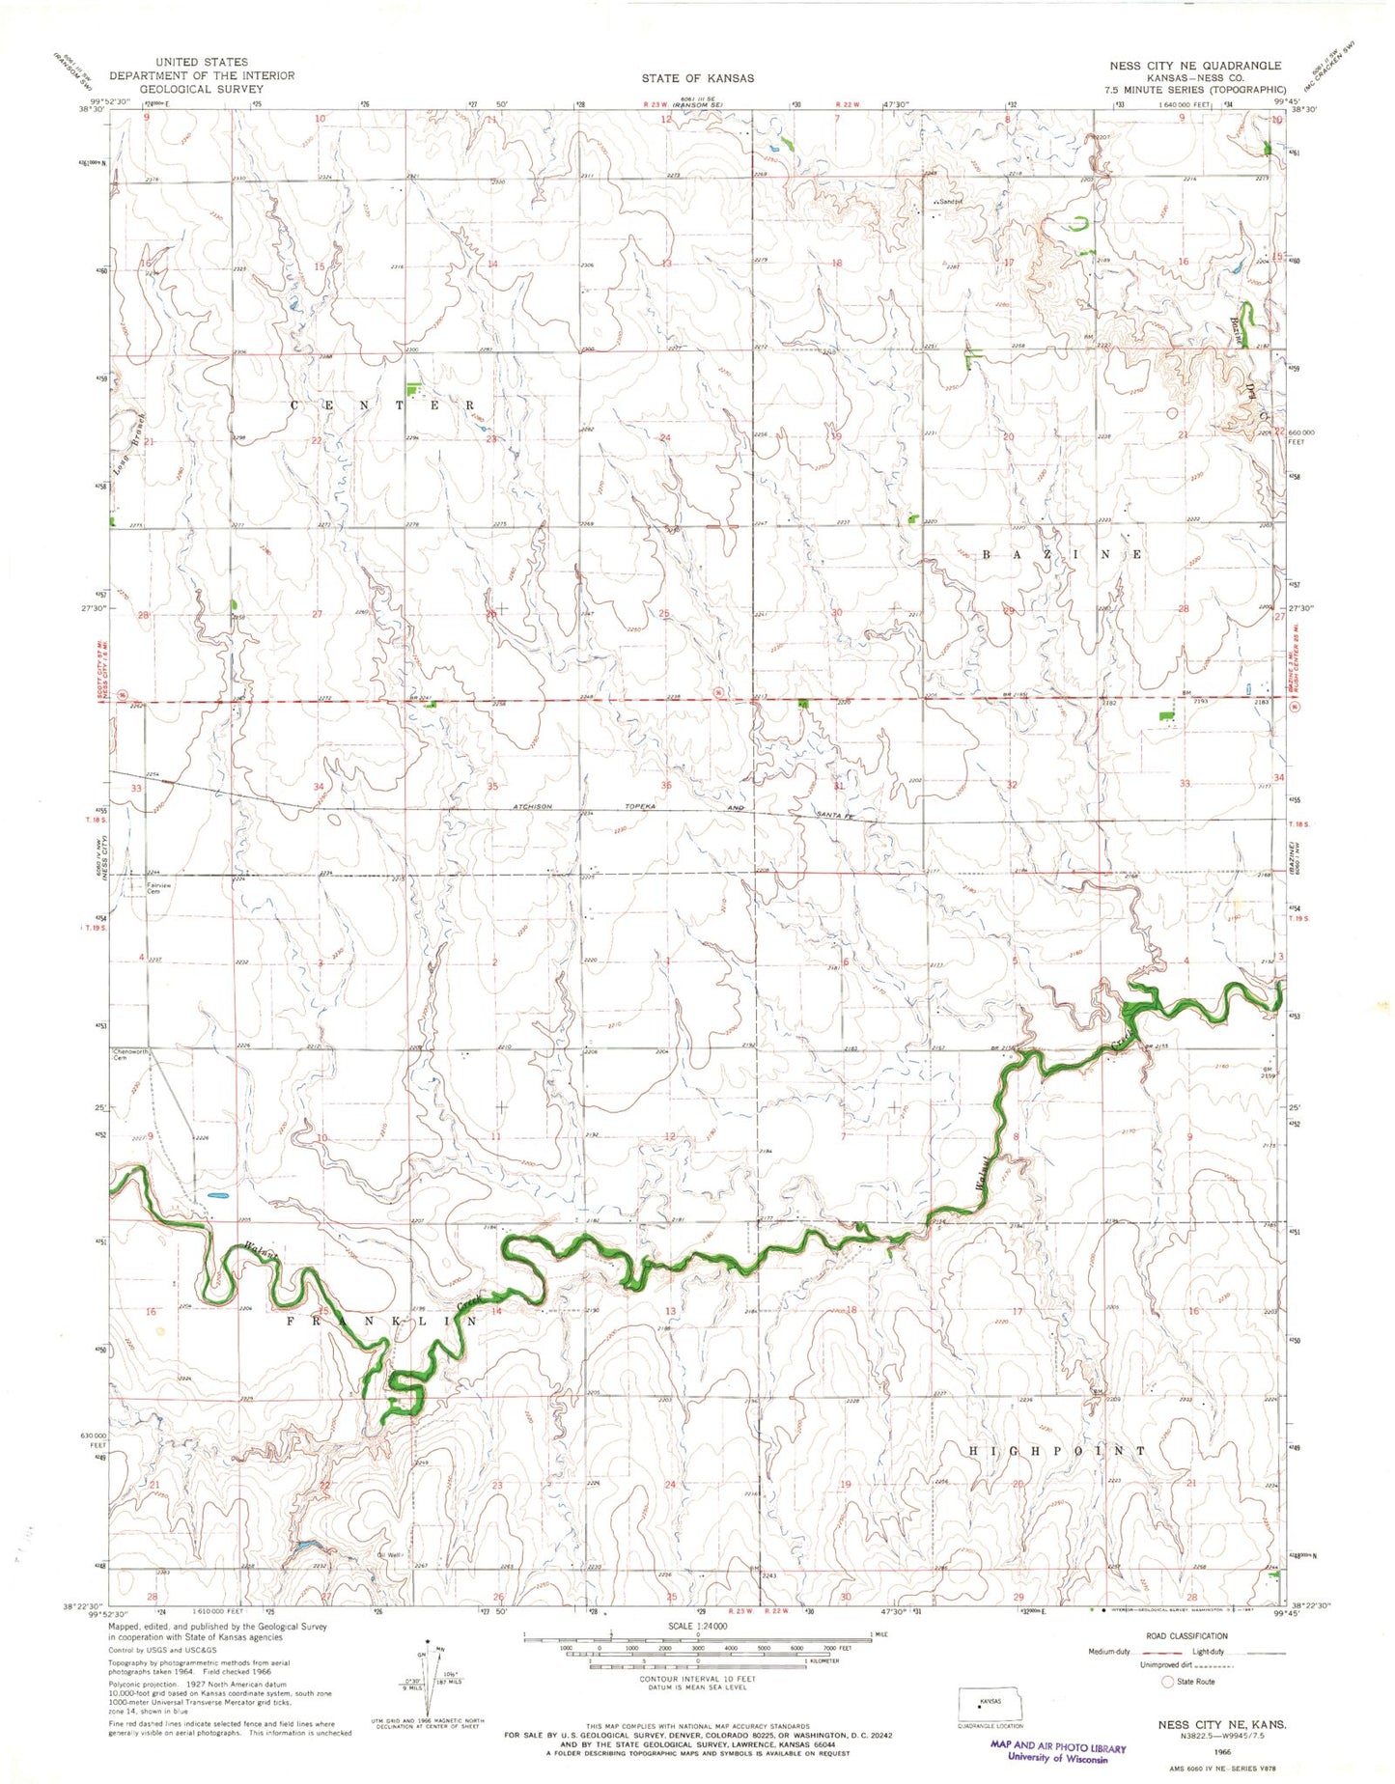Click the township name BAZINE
point(1062,555)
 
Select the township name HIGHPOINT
point(1057,1451)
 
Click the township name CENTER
point(382,405)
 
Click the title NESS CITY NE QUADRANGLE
point(1195,66)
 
